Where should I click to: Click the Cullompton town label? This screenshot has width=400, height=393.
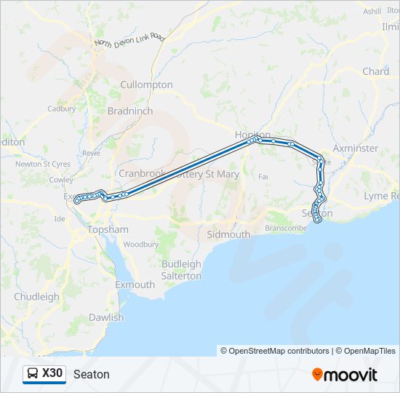(x=146, y=84)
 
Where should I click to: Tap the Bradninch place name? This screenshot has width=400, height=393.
(x=129, y=111)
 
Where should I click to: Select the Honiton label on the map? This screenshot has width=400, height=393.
(x=252, y=135)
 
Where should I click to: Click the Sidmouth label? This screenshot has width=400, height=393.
(x=228, y=235)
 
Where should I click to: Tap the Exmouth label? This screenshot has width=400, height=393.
(x=135, y=285)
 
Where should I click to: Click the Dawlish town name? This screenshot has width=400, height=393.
(x=106, y=317)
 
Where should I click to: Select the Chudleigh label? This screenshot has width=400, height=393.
(x=36, y=297)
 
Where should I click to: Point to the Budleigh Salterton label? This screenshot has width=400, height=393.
(x=181, y=270)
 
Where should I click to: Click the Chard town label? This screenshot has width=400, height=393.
(x=375, y=71)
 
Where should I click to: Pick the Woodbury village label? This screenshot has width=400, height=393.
(x=140, y=245)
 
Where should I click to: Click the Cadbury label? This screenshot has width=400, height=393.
(x=61, y=109)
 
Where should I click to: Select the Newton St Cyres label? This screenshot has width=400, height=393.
(x=43, y=164)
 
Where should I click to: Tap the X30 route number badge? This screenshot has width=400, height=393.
(x=52, y=373)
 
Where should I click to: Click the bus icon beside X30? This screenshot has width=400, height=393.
(x=33, y=373)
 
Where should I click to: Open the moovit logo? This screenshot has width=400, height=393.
(x=345, y=374)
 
